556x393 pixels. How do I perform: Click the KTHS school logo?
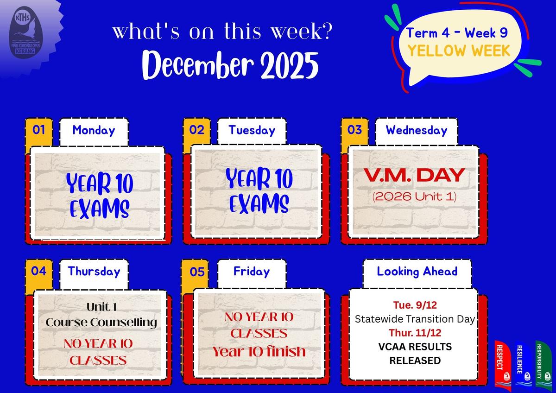(x=26, y=32)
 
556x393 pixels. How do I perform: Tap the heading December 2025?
(x=230, y=65)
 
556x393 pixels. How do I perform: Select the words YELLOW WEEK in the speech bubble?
(x=459, y=51)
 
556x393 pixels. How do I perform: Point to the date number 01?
(x=39, y=130)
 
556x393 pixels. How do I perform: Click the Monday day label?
(x=94, y=130)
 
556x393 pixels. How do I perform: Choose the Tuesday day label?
(x=252, y=130)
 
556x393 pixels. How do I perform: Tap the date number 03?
(x=355, y=130)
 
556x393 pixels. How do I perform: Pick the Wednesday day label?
(x=417, y=130)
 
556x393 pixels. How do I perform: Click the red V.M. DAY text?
(x=414, y=175)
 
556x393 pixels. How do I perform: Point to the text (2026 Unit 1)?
(x=414, y=196)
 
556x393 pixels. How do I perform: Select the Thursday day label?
(x=94, y=272)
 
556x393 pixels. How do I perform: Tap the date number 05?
(x=197, y=272)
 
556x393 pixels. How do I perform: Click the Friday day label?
(x=252, y=272)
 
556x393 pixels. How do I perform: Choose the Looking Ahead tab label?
(x=417, y=272)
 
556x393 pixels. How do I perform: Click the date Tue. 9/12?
(x=415, y=305)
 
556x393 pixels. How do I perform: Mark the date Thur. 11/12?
(x=415, y=333)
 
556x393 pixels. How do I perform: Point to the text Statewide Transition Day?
(x=415, y=319)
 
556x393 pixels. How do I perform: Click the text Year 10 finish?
(x=259, y=352)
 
